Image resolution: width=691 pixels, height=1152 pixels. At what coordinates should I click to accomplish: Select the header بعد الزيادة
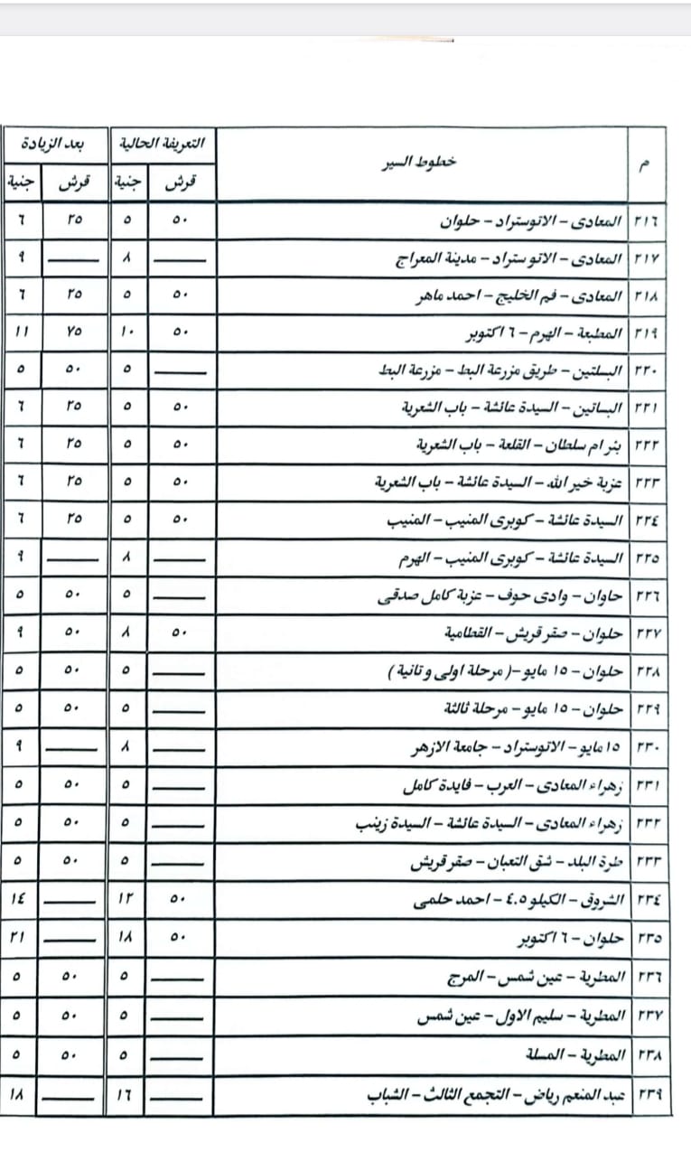coord(54,144)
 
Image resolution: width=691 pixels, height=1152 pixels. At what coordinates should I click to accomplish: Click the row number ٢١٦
coord(647,221)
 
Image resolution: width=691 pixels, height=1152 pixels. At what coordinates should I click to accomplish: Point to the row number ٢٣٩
coord(647,1096)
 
